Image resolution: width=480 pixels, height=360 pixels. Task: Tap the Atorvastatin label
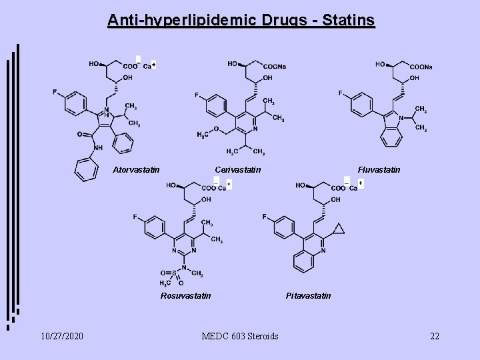136,170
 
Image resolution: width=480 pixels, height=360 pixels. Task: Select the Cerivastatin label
238,170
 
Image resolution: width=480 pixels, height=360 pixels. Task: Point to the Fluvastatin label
379,170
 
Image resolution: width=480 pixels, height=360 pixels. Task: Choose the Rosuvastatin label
186,295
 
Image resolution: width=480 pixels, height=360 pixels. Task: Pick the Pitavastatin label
308,295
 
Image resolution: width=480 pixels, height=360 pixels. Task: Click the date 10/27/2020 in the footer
61,335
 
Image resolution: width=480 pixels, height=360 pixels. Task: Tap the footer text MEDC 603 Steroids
240,335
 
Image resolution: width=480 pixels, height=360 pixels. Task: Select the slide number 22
435,335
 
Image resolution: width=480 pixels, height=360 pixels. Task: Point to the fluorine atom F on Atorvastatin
55,92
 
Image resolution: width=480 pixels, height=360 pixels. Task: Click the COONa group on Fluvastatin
421,67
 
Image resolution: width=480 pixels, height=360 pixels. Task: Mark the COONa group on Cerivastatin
274,67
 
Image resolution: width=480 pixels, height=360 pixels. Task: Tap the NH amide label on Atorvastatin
98,148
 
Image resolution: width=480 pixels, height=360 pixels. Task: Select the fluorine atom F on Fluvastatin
341,93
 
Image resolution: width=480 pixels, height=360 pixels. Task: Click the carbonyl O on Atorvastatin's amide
79,134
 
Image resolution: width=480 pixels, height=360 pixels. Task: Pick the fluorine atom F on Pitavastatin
265,217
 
